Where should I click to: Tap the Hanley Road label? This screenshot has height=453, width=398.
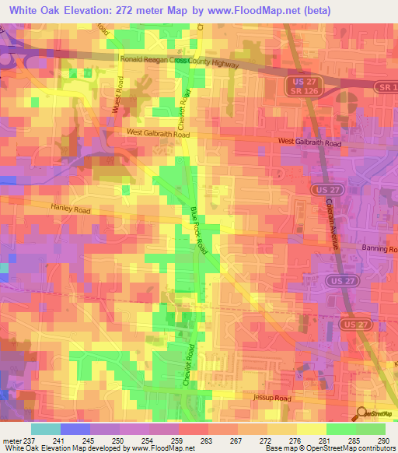[x=72, y=209]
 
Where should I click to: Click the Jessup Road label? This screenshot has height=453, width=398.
[x=271, y=397]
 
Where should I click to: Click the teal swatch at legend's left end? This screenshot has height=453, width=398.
[x=45, y=429]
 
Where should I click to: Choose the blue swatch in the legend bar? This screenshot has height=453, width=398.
[x=75, y=429]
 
